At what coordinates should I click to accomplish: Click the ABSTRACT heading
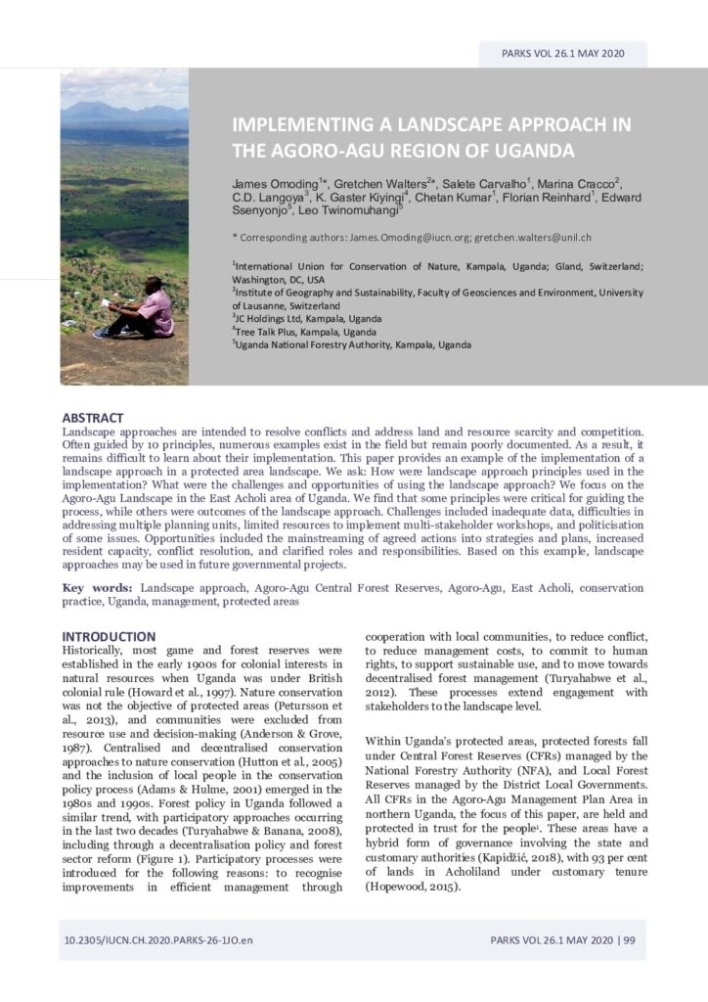point(93,418)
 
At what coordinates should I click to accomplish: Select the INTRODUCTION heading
point(109,636)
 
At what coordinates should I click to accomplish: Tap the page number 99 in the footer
point(629,940)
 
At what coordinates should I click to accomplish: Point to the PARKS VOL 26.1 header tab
point(562,54)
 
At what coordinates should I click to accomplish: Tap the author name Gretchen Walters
point(381,184)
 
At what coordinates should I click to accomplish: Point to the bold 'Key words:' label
point(98,588)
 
